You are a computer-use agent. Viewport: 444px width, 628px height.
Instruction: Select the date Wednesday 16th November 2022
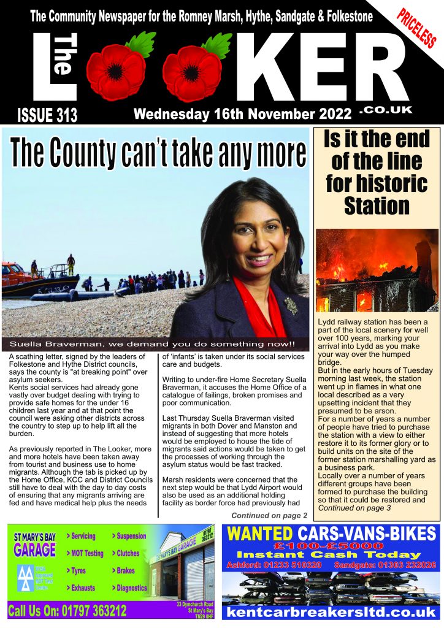(243, 114)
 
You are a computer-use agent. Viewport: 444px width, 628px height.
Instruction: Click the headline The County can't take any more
(158, 153)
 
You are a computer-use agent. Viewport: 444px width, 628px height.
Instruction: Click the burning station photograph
(377, 270)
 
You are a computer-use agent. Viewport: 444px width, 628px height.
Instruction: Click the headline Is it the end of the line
(377, 172)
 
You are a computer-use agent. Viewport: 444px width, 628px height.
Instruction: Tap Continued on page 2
(269, 515)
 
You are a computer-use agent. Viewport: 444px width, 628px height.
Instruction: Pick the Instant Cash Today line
(331, 554)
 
